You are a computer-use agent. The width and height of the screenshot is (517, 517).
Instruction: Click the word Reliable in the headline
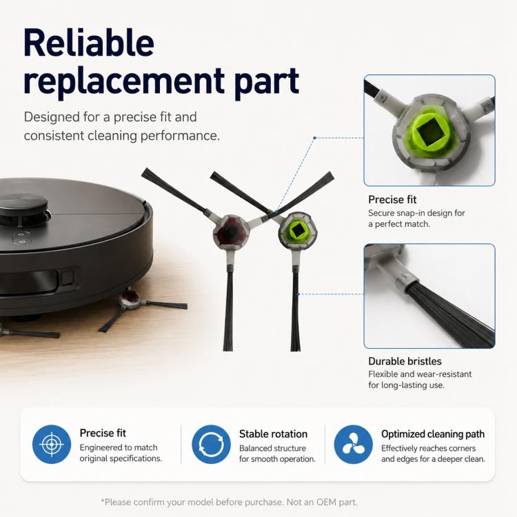click(x=89, y=43)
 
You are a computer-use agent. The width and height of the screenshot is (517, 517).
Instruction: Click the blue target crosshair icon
click(x=52, y=444)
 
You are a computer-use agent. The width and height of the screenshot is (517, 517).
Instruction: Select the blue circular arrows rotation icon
click(x=211, y=444)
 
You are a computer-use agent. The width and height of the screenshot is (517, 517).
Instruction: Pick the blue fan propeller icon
click(x=353, y=444)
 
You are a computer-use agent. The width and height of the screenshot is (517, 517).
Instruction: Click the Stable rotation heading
click(x=273, y=434)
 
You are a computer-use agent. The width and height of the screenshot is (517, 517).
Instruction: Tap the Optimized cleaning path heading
click(x=433, y=434)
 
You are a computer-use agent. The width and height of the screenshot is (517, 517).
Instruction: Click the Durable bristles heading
click(x=405, y=361)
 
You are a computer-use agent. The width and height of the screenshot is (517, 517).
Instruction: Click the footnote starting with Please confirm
click(x=229, y=502)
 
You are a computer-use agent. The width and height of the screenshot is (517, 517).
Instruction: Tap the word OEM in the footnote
click(x=326, y=502)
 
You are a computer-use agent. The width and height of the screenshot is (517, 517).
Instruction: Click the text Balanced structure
click(x=273, y=449)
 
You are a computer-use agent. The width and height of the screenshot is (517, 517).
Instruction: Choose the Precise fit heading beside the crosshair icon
click(x=103, y=433)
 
